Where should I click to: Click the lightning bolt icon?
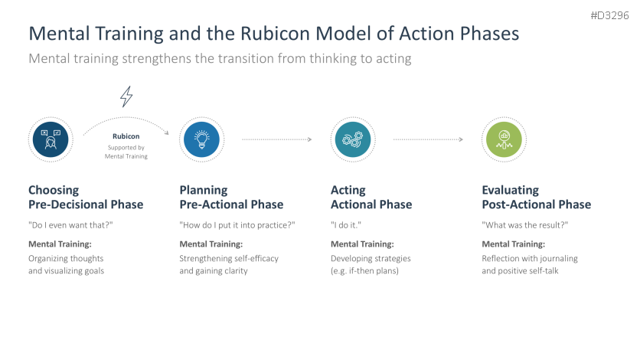pyautogui.click(x=126, y=97)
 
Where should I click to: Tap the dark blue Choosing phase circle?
pyautogui.click(x=51, y=139)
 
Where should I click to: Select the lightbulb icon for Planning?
pyautogui.click(x=201, y=139)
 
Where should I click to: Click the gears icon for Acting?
pyautogui.click(x=353, y=139)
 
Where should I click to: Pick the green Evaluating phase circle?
pyautogui.click(x=504, y=139)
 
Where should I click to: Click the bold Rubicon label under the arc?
pyautogui.click(x=126, y=136)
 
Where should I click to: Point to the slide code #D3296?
pyautogui.click(x=610, y=15)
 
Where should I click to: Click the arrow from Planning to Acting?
pyautogui.click(x=276, y=139)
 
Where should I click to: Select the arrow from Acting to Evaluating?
pyautogui.click(x=428, y=139)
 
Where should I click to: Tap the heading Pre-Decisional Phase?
pyautogui.click(x=86, y=205)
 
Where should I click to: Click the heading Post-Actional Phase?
pyautogui.click(x=537, y=205)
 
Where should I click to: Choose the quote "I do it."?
pyautogui.click(x=346, y=225)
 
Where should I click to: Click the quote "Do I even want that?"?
pyautogui.click(x=70, y=225)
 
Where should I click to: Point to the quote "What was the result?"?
pyautogui.click(x=525, y=225)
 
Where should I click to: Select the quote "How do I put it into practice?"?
pyautogui.click(x=237, y=225)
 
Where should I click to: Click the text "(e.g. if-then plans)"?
pyautogui.click(x=364, y=270)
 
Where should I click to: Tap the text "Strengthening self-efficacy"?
pyautogui.click(x=229, y=258)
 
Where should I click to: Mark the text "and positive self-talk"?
pyautogui.click(x=520, y=270)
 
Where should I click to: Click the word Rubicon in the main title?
pyautogui.click(x=276, y=34)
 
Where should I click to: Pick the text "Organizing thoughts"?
pyautogui.click(x=66, y=258)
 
